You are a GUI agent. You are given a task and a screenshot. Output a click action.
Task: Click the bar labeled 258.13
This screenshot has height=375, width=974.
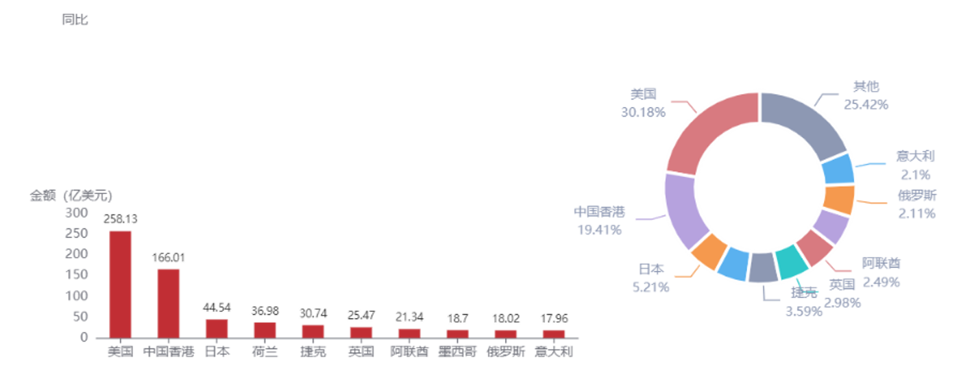pyautogui.click(x=121, y=283)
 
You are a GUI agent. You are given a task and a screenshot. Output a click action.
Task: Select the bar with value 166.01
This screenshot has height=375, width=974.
pyautogui.click(x=169, y=302)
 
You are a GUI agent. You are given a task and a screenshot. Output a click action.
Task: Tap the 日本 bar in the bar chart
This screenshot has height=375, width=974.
pyautogui.click(x=217, y=328)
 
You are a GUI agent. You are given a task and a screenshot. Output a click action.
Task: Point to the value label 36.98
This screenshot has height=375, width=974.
pyautogui.click(x=265, y=312)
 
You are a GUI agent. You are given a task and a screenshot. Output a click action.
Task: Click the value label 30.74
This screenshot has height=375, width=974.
pyautogui.click(x=313, y=313)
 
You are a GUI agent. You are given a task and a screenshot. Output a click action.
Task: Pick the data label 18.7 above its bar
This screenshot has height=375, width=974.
pyautogui.click(x=456, y=318)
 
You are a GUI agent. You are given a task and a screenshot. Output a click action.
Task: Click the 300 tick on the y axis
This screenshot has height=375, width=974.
pyautogui.click(x=76, y=213)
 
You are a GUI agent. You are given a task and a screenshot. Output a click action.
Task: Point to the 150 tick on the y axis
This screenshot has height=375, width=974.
pyautogui.click(x=76, y=276)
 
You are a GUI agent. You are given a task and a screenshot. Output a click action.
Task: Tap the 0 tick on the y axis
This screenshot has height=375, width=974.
pyautogui.click(x=83, y=337)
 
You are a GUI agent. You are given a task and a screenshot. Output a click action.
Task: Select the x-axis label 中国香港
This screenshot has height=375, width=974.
pyautogui.click(x=169, y=352)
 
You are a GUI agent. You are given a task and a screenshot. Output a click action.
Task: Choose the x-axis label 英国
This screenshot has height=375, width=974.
pyautogui.click(x=361, y=352)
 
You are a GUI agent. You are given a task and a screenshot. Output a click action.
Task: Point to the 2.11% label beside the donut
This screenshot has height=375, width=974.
pyautogui.click(x=916, y=213)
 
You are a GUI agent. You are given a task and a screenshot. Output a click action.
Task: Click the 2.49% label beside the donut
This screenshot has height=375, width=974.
pyautogui.click(x=881, y=282)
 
